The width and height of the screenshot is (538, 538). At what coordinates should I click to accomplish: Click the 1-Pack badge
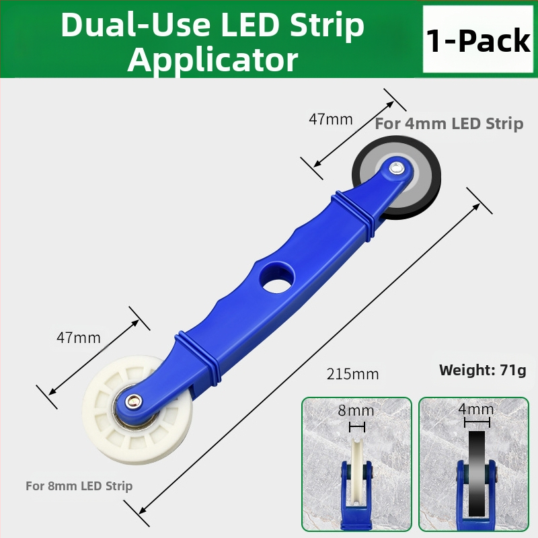pyautogui.click(x=478, y=39)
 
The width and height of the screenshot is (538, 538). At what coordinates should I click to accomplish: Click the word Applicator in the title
pyautogui.click(x=213, y=60)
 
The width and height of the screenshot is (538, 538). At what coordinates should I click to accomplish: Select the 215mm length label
pyautogui.click(x=352, y=374)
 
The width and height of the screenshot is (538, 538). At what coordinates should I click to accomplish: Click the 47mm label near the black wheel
pyautogui.click(x=331, y=120)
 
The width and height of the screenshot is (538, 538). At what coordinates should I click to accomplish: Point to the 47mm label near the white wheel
pyautogui.click(x=79, y=338)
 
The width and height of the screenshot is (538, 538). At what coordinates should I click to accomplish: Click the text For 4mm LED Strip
pyautogui.click(x=449, y=124)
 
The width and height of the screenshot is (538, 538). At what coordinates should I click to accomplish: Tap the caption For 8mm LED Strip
pyautogui.click(x=79, y=486)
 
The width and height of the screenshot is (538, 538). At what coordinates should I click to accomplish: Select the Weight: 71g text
pyautogui.click(x=482, y=371)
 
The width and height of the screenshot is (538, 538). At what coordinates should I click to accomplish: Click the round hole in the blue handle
pyautogui.click(x=277, y=278)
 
